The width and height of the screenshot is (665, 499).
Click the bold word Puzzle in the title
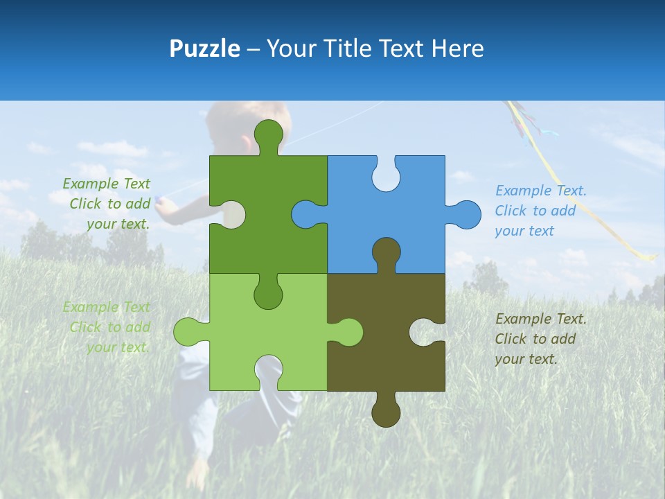(205, 49)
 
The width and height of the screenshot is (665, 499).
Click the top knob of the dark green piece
(269, 135)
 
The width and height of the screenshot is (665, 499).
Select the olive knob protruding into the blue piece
(386, 254)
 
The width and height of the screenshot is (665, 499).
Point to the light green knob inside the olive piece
(346, 332)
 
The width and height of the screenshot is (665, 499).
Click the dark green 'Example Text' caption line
(106, 184)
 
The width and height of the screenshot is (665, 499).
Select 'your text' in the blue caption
(524, 231)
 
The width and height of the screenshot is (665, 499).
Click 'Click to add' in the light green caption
(109, 327)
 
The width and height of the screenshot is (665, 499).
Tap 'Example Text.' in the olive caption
(540, 319)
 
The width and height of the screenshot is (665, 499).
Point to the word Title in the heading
(352, 49)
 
